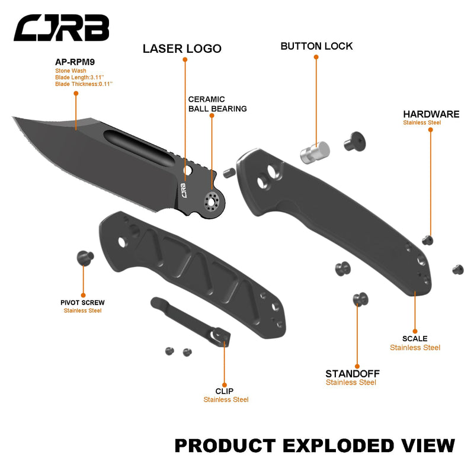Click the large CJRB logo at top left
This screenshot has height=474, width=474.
pyautogui.click(x=62, y=28)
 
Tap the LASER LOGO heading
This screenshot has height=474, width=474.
pyautogui.click(x=182, y=49)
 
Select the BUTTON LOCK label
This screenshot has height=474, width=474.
pyautogui.click(x=316, y=46)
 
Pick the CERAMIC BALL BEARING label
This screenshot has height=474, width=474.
pyautogui.click(x=217, y=104)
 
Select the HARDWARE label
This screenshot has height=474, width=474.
pyautogui.click(x=431, y=114)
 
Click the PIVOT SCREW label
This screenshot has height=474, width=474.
pyautogui.click(x=82, y=302)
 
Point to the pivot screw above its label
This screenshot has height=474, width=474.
pyautogui.click(x=85, y=258)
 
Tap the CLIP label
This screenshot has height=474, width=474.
pyautogui.click(x=225, y=390)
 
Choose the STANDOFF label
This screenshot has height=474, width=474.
pyautogui.click(x=352, y=373)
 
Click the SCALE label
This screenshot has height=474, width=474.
pyautogui.click(x=415, y=338)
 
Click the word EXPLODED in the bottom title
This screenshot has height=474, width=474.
pyautogui.click(x=338, y=445)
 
